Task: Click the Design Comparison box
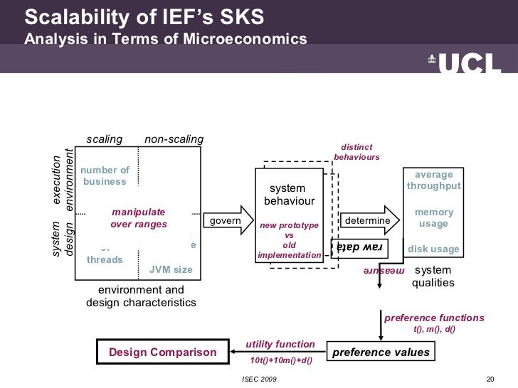click(162, 352)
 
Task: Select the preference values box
click(381, 352)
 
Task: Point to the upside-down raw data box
click(359, 248)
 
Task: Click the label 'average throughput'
click(433, 180)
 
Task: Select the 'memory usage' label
click(433, 218)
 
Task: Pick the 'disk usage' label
click(433, 249)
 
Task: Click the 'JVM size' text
click(170, 269)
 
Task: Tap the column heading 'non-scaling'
click(174, 139)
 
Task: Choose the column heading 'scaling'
click(104, 139)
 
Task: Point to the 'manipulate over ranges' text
click(139, 218)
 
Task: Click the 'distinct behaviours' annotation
click(356, 152)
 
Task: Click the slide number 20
click(489, 379)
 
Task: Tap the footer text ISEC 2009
click(261, 379)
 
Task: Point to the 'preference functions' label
click(434, 318)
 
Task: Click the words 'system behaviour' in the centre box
click(288, 195)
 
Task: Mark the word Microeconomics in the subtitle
click(246, 38)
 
